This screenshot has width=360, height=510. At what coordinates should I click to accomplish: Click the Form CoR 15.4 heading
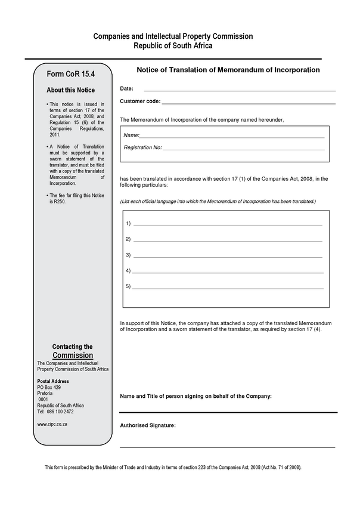click(x=71, y=74)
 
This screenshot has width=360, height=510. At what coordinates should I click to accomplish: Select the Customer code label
click(x=139, y=101)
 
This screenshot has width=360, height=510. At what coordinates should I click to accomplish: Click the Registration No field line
click(x=243, y=147)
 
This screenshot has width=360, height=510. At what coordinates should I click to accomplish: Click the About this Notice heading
click(x=70, y=90)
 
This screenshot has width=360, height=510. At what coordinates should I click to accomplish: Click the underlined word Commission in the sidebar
click(x=73, y=356)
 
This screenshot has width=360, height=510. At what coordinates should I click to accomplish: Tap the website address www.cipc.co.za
click(x=52, y=424)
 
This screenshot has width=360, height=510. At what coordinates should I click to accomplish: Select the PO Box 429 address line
click(x=49, y=388)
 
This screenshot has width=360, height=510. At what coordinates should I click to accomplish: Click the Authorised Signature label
click(x=148, y=425)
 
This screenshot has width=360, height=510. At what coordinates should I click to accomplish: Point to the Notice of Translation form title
click(x=228, y=70)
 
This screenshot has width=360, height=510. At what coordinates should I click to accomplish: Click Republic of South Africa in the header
click(x=173, y=45)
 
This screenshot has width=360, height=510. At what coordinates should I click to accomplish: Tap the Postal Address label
click(x=53, y=381)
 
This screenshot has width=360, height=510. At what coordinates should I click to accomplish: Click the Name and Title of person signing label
click(x=196, y=396)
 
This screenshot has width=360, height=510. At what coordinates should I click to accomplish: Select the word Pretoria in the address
click(x=45, y=394)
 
